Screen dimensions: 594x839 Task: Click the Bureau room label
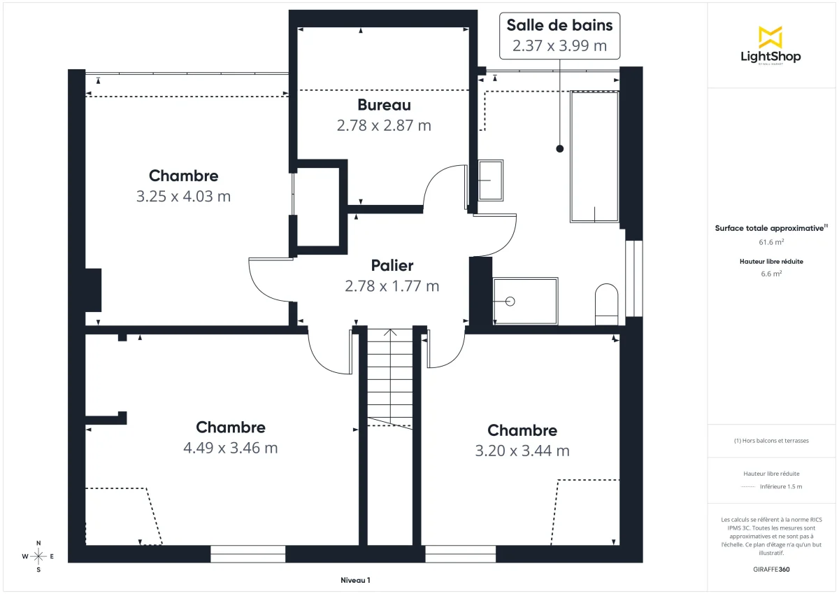(x=384, y=105)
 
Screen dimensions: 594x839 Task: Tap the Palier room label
(x=392, y=266)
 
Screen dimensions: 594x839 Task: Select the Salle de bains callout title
(x=559, y=25)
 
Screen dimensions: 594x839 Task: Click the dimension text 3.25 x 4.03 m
(x=183, y=197)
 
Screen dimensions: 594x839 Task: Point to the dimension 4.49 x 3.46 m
(x=230, y=448)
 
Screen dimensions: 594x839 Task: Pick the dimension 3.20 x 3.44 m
(x=522, y=451)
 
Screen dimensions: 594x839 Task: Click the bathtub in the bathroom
(x=594, y=157)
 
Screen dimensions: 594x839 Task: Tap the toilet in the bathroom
(x=606, y=304)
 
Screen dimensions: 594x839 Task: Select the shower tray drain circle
(x=510, y=302)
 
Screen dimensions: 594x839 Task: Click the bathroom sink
(x=490, y=180)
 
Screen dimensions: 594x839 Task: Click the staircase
(x=391, y=378)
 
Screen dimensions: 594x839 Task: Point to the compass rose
(x=38, y=556)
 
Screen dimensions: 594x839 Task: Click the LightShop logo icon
(x=770, y=37)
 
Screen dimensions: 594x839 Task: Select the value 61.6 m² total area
(x=771, y=241)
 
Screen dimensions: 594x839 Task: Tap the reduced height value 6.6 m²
(x=771, y=274)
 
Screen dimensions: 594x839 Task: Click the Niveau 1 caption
(x=355, y=580)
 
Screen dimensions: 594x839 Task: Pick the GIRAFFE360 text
(x=771, y=570)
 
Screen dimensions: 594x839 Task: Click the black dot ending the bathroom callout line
(x=559, y=148)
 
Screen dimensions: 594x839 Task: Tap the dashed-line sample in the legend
(x=748, y=487)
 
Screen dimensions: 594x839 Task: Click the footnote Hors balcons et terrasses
(x=771, y=441)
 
